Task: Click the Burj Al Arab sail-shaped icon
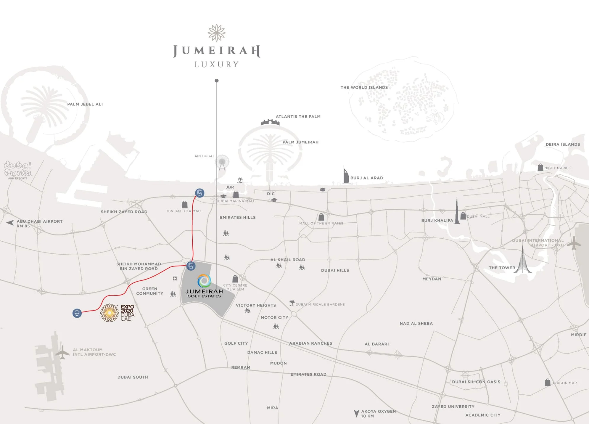pyautogui.click(x=346, y=175)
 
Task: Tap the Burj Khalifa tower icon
pyautogui.click(x=457, y=211)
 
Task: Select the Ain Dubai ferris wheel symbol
pyautogui.click(x=222, y=163)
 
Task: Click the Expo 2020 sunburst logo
pyautogui.click(x=110, y=313)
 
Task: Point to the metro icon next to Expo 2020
pyautogui.click(x=77, y=313)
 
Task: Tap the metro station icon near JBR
pyautogui.click(x=200, y=193)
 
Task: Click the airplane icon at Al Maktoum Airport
pyautogui.click(x=62, y=352)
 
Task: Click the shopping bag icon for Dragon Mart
pyautogui.click(x=548, y=382)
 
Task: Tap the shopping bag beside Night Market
pyautogui.click(x=540, y=167)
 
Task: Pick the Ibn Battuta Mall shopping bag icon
pyautogui.click(x=185, y=204)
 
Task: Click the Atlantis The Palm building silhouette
pyautogui.click(x=270, y=122)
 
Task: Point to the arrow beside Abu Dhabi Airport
pyautogui.click(x=10, y=223)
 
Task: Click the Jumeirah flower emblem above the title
pyautogui.click(x=217, y=33)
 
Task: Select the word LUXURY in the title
pyautogui.click(x=217, y=65)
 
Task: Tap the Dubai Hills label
pyautogui.click(x=335, y=270)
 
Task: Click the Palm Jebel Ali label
pyautogui.click(x=85, y=104)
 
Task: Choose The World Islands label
pyautogui.click(x=364, y=87)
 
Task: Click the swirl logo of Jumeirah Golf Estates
pyautogui.click(x=204, y=281)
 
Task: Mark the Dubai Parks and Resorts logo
pyautogui.click(x=18, y=170)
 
